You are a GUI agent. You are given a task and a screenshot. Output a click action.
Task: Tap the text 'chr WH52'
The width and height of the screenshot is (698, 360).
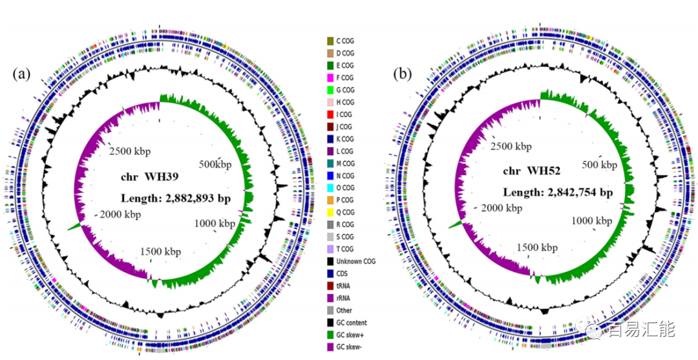tap(529, 172)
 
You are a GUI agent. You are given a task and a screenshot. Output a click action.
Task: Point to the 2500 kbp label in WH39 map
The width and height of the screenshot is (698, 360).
tap(132, 151)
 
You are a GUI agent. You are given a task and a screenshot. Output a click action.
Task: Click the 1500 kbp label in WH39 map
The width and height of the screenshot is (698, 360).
tap(161, 251)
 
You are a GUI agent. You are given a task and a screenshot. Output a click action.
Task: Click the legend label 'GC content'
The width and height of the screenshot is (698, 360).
tap(353, 323)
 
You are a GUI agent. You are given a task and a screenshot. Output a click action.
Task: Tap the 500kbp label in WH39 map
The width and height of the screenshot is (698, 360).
tap(215, 165)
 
